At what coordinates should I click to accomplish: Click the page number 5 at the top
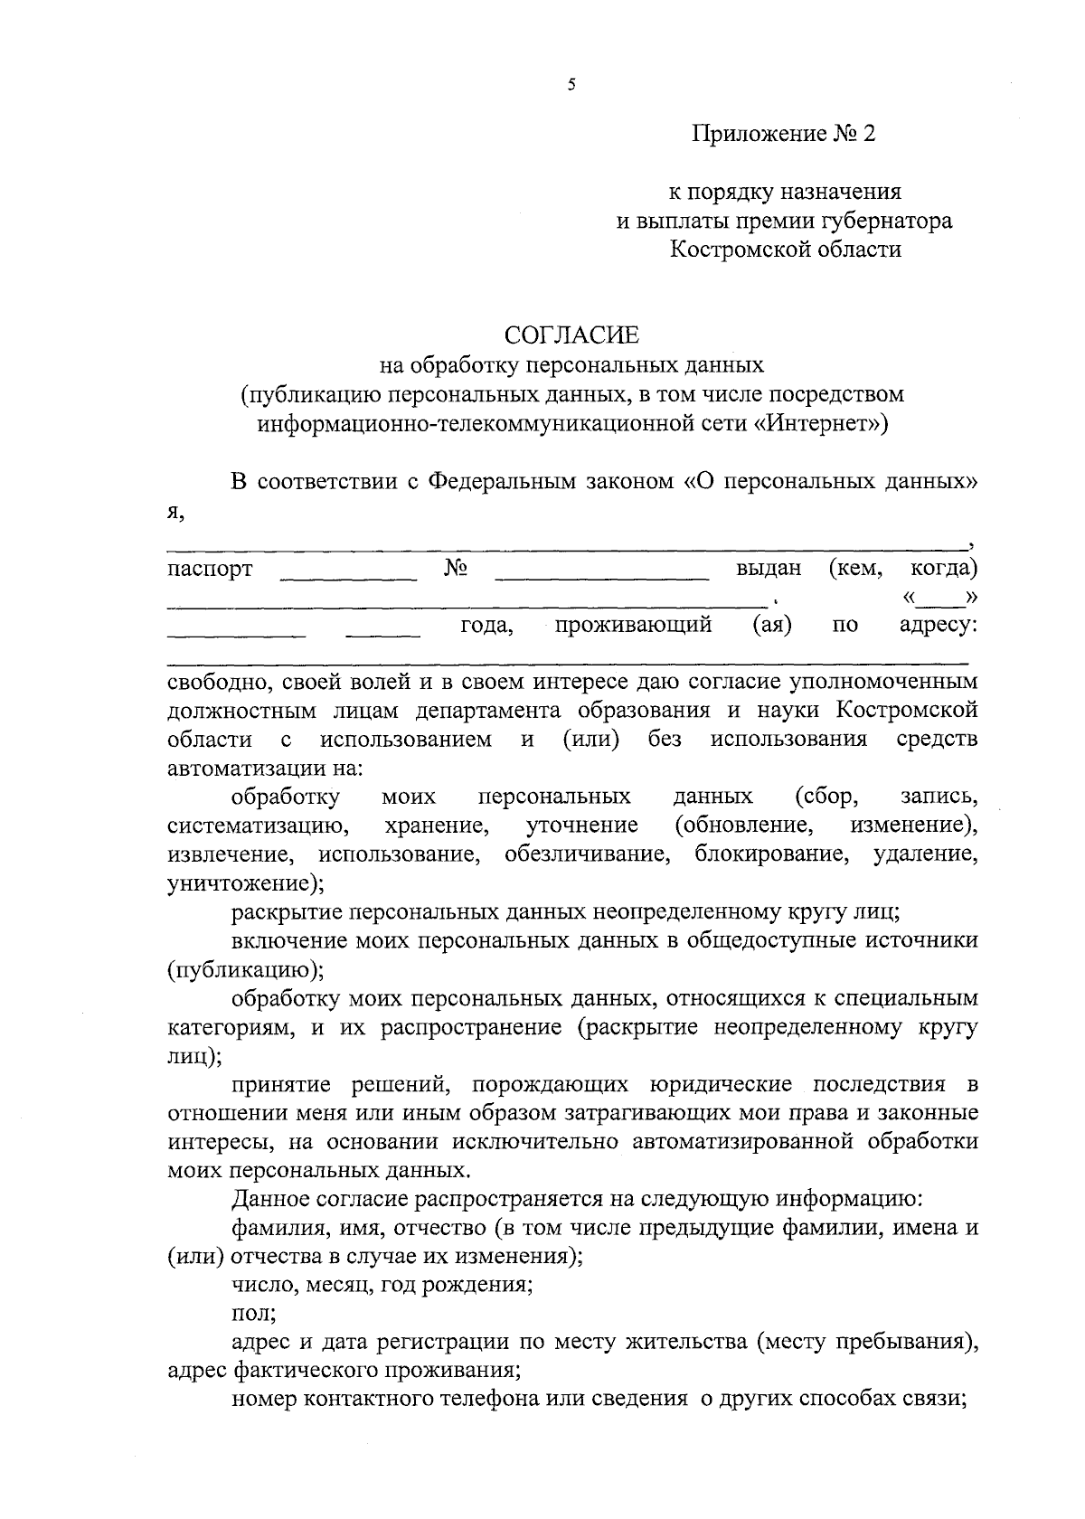click(x=571, y=85)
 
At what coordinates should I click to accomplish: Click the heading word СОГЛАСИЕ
click(x=571, y=335)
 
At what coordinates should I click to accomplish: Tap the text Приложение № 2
click(x=785, y=135)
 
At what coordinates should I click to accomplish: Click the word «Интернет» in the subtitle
click(x=821, y=423)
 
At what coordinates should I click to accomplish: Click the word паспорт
click(x=210, y=569)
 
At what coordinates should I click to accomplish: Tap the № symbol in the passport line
click(x=456, y=568)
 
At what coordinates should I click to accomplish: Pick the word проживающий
click(x=633, y=624)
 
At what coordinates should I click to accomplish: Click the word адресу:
click(x=938, y=624)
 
